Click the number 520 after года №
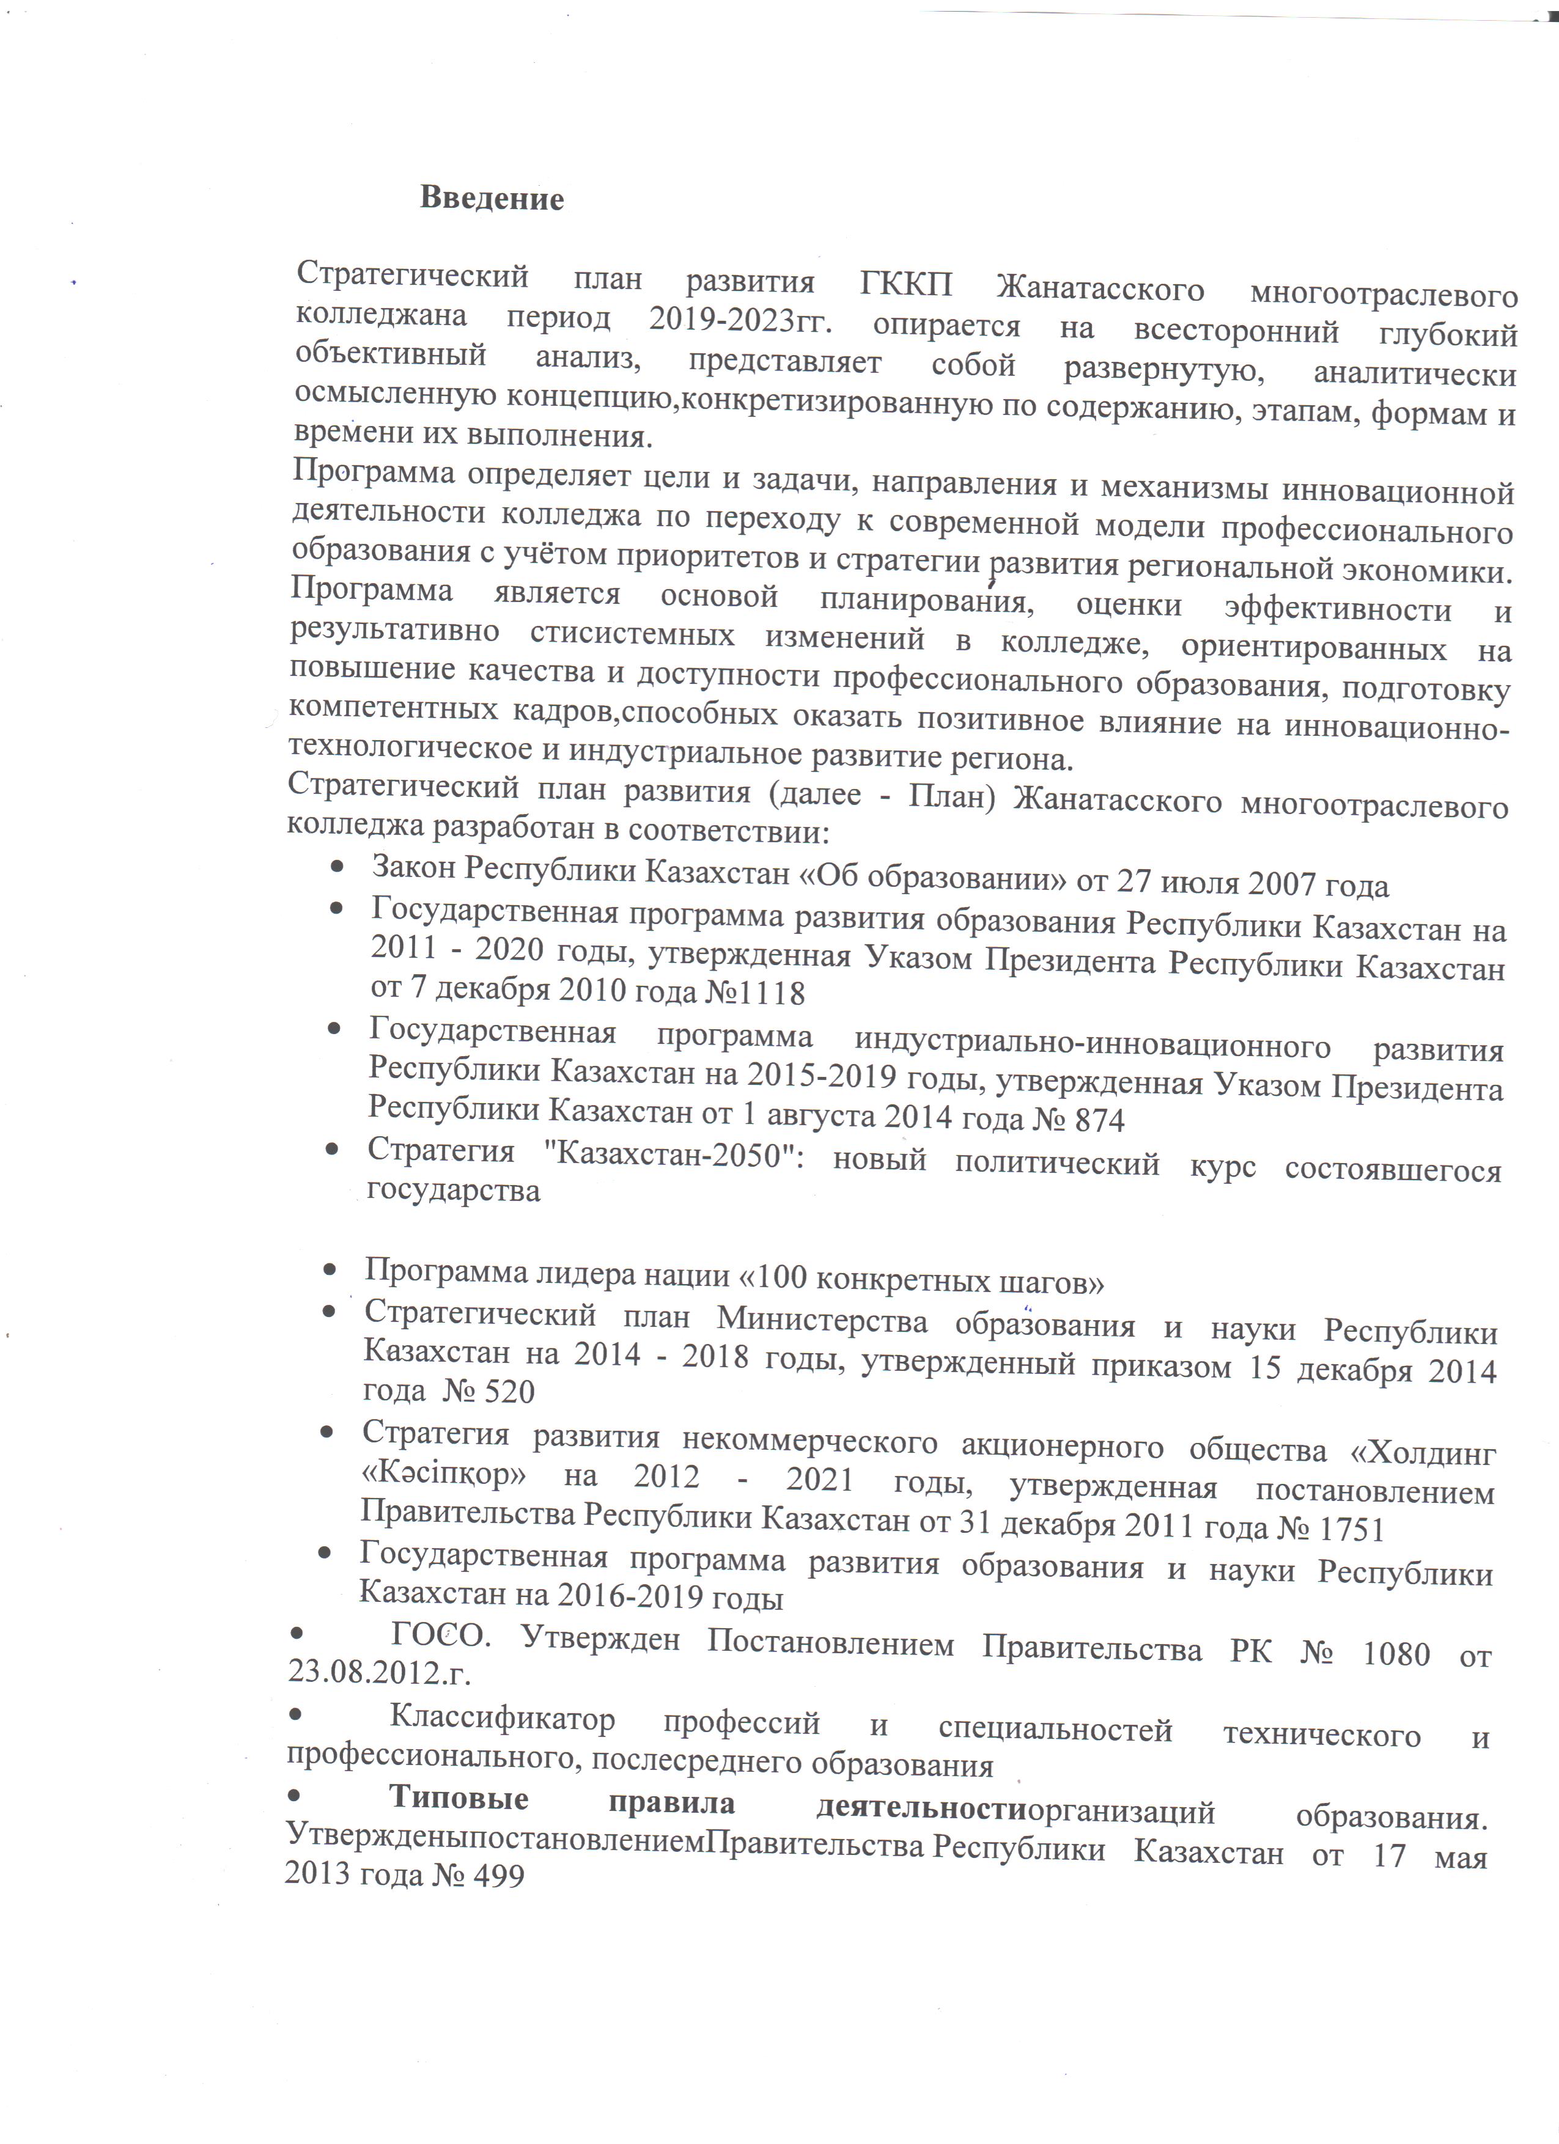tap(510, 1392)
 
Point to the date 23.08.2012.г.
tap(379, 1672)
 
